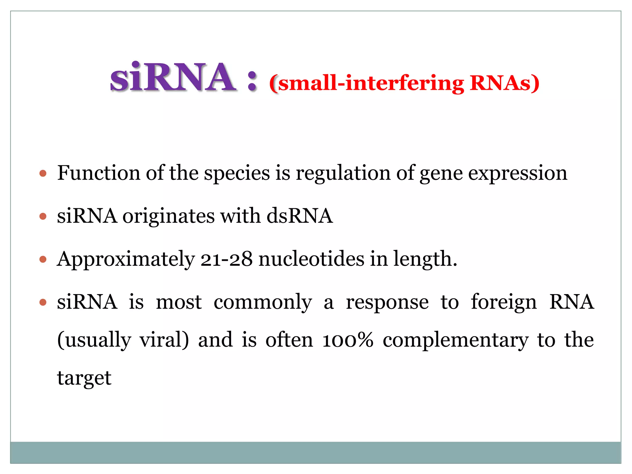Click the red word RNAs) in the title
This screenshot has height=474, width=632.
pos(504,83)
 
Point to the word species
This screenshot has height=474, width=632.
pos(237,173)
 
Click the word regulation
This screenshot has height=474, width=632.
pos(343,173)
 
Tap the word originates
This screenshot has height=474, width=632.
pos(168,216)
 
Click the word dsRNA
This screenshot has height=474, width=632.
pos(300,216)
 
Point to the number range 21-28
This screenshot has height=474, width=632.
pos(227,259)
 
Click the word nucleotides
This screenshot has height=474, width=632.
pos(311,259)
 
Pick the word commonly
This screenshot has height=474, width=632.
pos(263,303)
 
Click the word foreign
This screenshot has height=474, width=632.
pos(504,303)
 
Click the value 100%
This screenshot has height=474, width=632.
pos(347,340)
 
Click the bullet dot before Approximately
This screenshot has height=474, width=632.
pos(43,259)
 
